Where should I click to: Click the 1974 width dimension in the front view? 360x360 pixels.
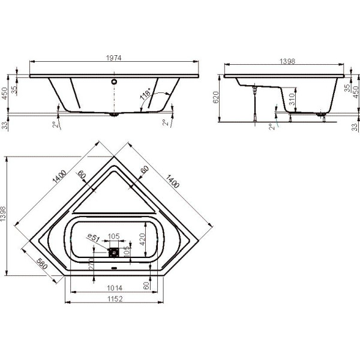(x=115, y=57)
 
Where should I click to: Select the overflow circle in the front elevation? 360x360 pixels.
(x=114, y=78)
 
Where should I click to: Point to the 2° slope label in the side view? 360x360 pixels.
(x=271, y=127)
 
